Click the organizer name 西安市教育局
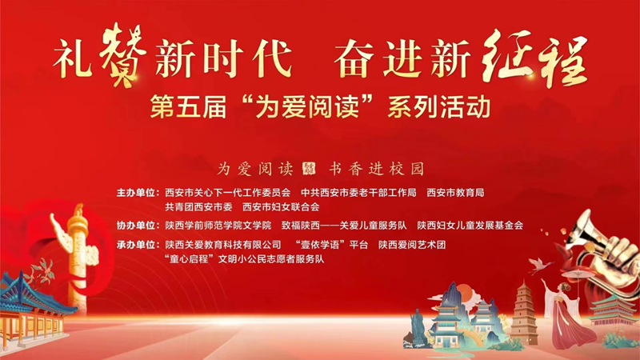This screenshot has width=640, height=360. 455,193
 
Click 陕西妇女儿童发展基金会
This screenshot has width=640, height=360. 475,226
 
